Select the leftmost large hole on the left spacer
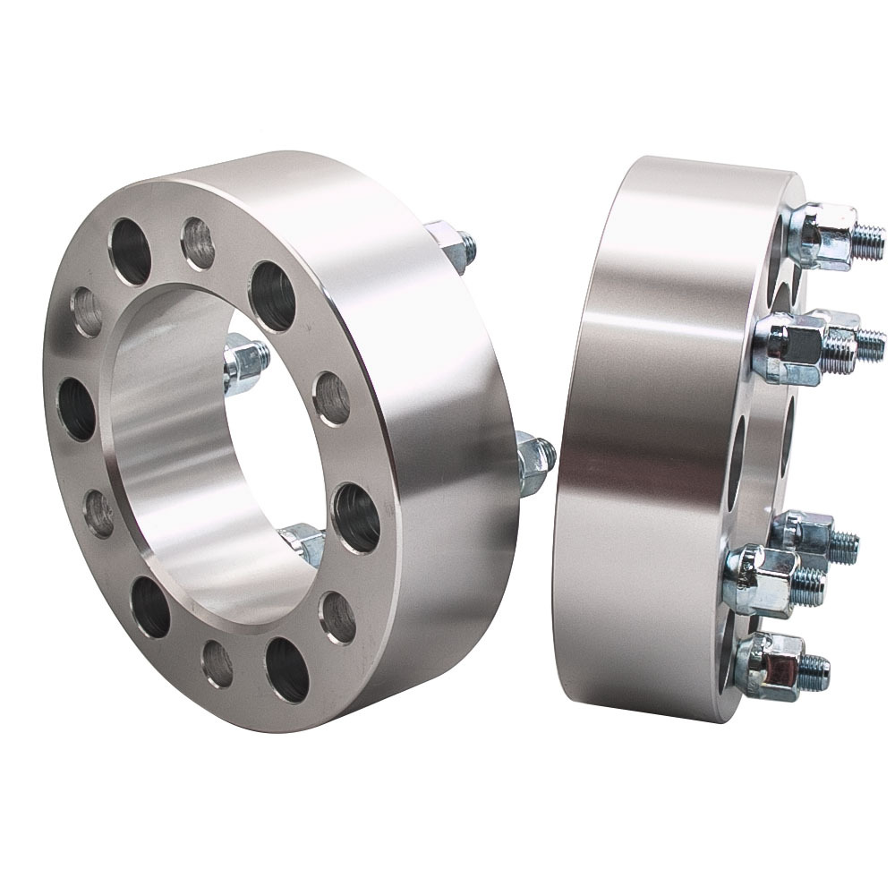(79, 409)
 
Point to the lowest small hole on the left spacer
(217, 663)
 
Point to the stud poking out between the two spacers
(535, 459)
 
